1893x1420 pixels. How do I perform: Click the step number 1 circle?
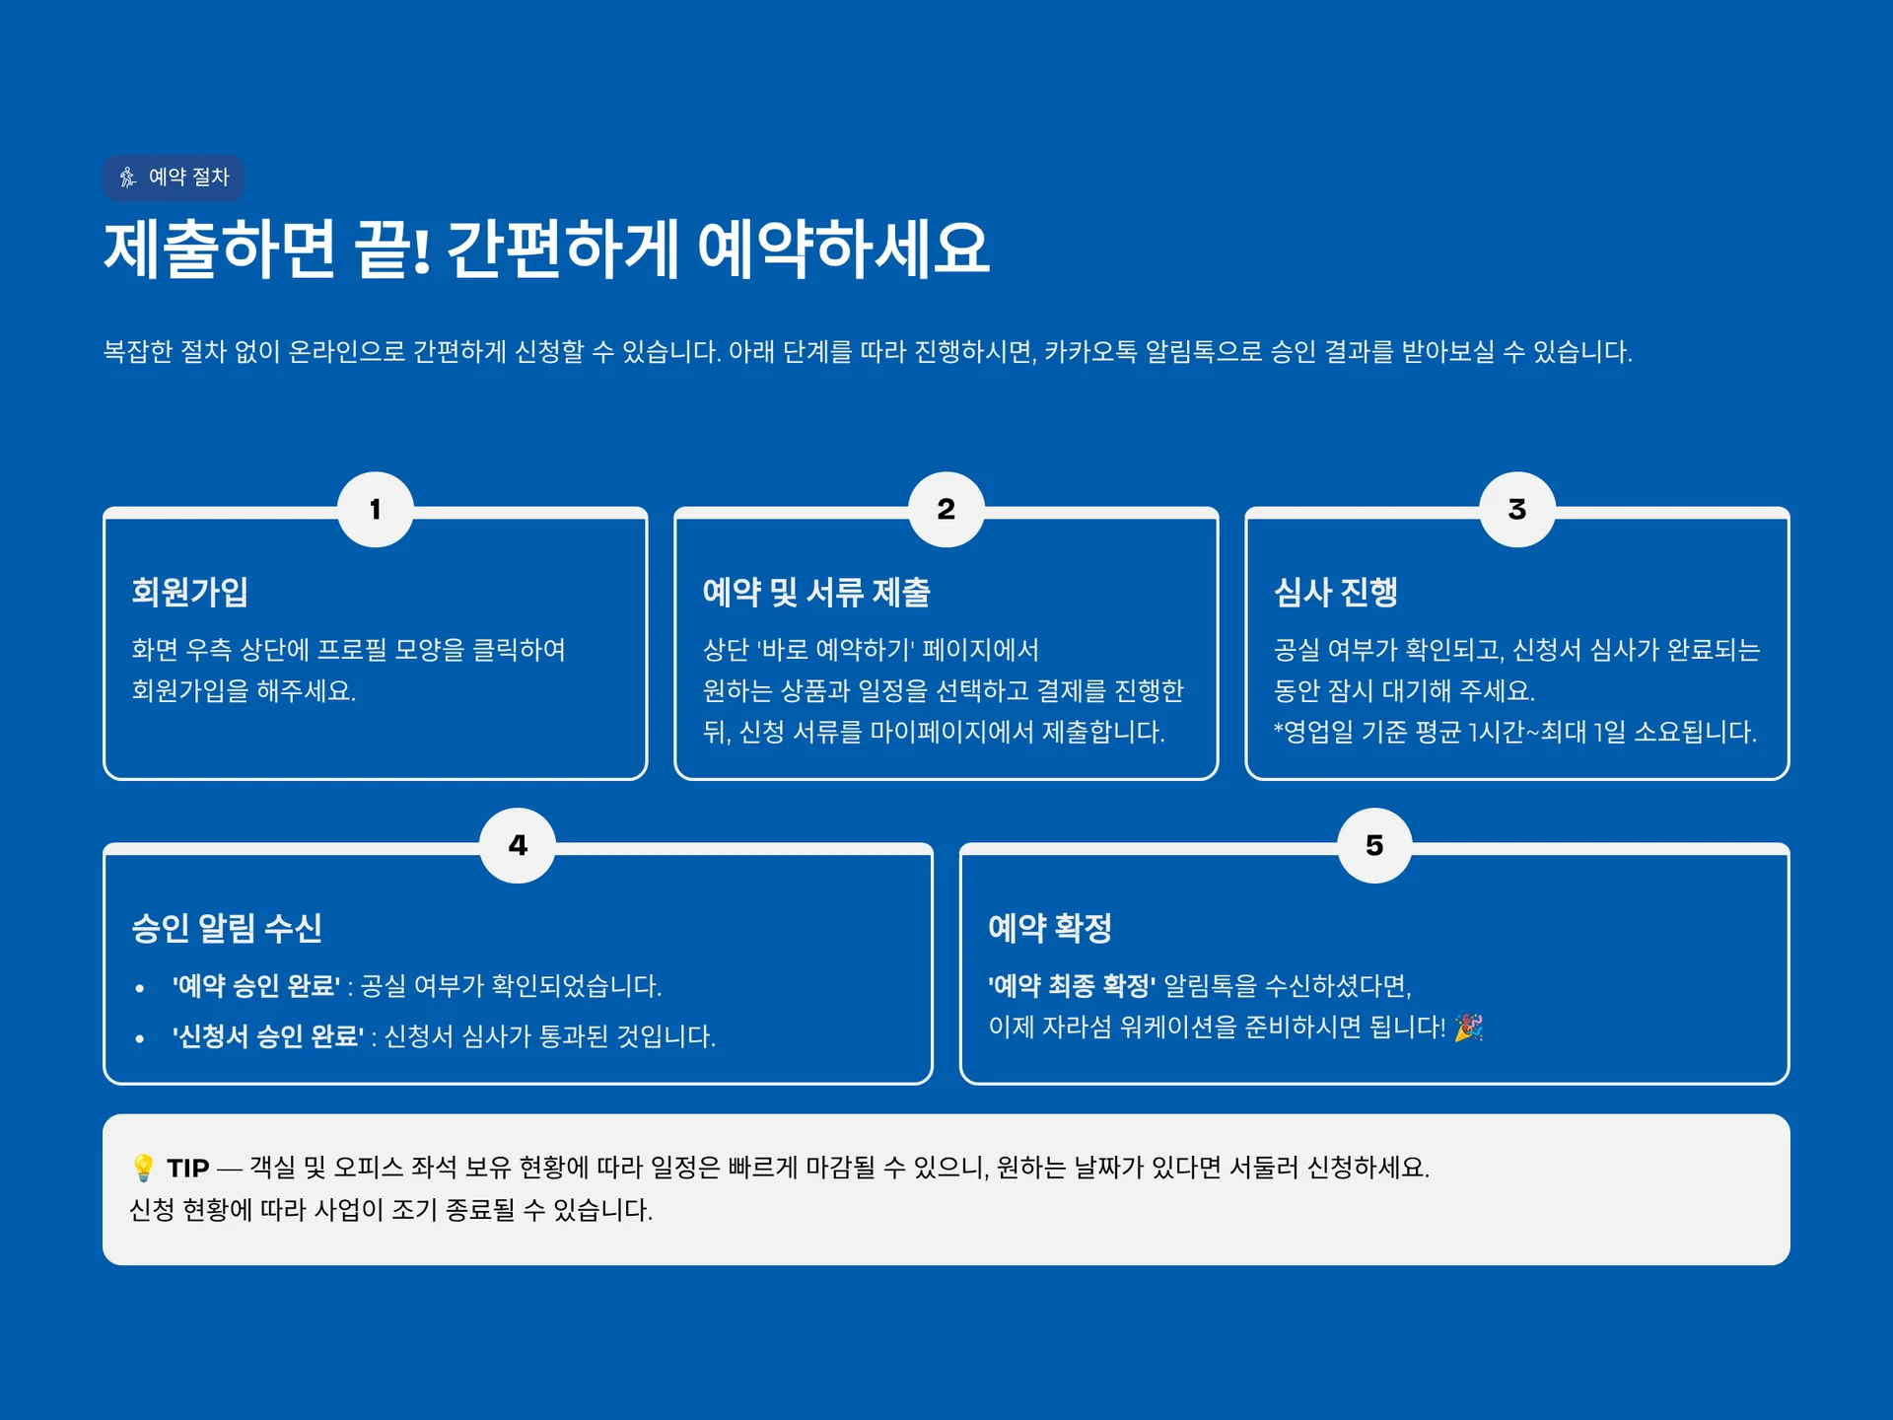376,510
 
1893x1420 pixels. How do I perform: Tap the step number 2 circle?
946,510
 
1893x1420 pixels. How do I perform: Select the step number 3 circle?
1517,510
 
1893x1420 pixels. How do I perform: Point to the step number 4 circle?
518,845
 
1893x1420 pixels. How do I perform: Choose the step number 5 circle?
1374,845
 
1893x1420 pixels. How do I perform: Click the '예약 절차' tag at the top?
174,177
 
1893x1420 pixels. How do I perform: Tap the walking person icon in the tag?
128,177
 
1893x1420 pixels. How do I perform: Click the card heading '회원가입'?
189,592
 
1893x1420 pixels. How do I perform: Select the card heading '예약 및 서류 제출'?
816,592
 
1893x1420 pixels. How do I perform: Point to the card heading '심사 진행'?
1336,592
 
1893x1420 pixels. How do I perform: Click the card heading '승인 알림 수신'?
227,928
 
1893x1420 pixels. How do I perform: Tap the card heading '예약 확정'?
1050,928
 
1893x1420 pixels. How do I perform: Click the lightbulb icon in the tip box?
143,1168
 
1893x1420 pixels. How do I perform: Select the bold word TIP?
187,1169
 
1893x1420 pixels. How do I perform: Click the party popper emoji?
1469,1028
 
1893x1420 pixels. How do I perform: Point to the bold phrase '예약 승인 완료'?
256,986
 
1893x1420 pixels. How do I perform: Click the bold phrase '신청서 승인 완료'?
268,1036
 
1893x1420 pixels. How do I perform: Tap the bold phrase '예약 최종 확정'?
1072,986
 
